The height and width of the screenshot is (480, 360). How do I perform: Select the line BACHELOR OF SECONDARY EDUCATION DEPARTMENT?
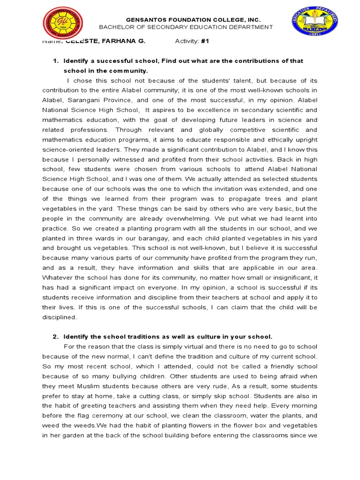pos(186,27)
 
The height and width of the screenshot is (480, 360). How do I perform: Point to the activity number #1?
pos(204,41)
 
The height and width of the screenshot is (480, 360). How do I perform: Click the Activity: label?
pos(187,41)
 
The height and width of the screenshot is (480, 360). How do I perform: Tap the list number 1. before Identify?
pos(55,61)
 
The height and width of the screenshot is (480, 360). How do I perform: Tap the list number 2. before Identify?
pos(55,337)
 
